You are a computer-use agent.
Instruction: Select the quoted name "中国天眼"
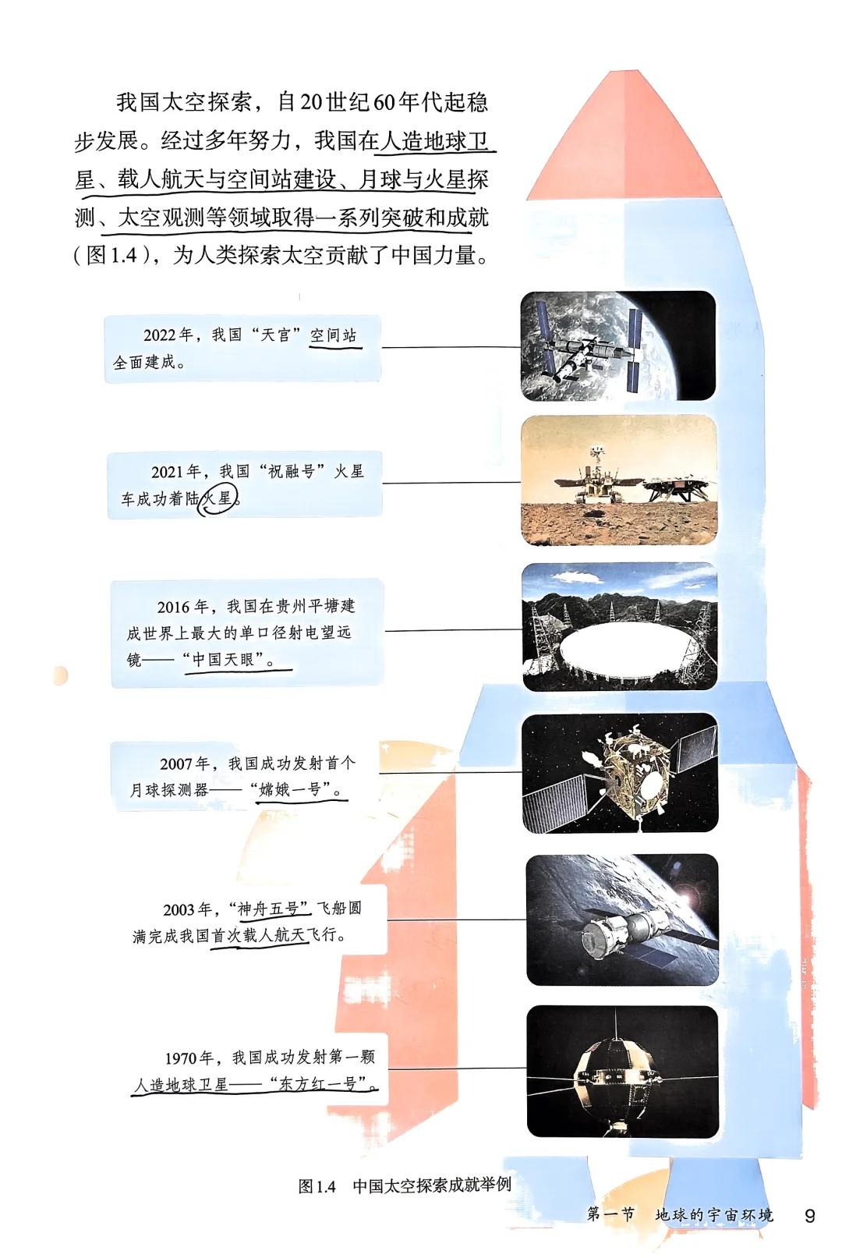(225, 659)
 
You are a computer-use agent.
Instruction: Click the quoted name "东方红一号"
(320, 1083)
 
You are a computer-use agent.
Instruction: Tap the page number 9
(809, 1216)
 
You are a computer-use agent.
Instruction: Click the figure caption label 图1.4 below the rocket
(317, 1186)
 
